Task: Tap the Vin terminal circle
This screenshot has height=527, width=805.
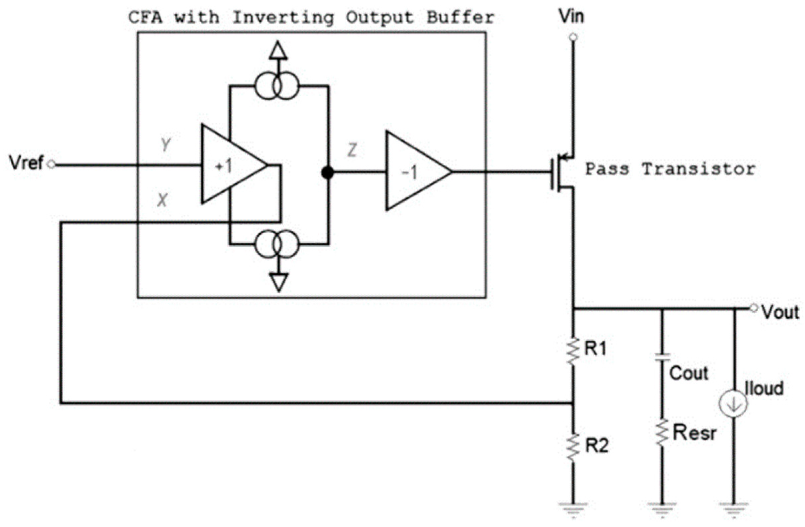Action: tap(573, 37)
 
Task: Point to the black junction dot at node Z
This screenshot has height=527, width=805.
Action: tap(327, 173)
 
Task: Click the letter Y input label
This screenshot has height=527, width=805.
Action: tap(165, 145)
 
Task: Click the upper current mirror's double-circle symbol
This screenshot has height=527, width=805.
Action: tap(277, 87)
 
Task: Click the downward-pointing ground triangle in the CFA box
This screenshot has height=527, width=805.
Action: tap(279, 281)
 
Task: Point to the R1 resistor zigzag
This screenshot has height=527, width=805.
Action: tap(573, 351)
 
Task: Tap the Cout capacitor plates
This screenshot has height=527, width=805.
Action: tap(662, 358)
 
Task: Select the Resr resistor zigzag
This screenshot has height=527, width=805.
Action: tap(662, 433)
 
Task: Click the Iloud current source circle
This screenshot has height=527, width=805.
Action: tap(733, 404)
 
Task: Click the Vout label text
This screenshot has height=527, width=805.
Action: tap(780, 312)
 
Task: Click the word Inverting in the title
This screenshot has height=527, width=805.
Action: tap(283, 17)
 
